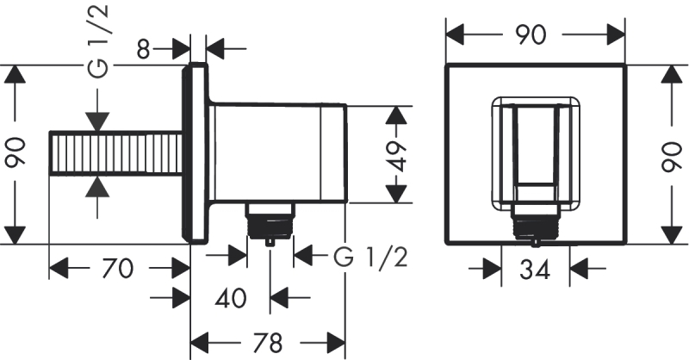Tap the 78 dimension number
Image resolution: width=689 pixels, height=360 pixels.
pyautogui.click(x=269, y=344)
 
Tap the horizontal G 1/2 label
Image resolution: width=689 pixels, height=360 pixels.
pyautogui.click(x=370, y=256)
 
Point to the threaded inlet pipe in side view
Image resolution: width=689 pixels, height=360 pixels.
pyautogui.click(x=116, y=154)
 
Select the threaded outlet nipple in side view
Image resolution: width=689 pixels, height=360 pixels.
pyautogui.click(x=270, y=221)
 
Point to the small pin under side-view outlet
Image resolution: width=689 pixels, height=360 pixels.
pyautogui.click(x=270, y=242)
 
